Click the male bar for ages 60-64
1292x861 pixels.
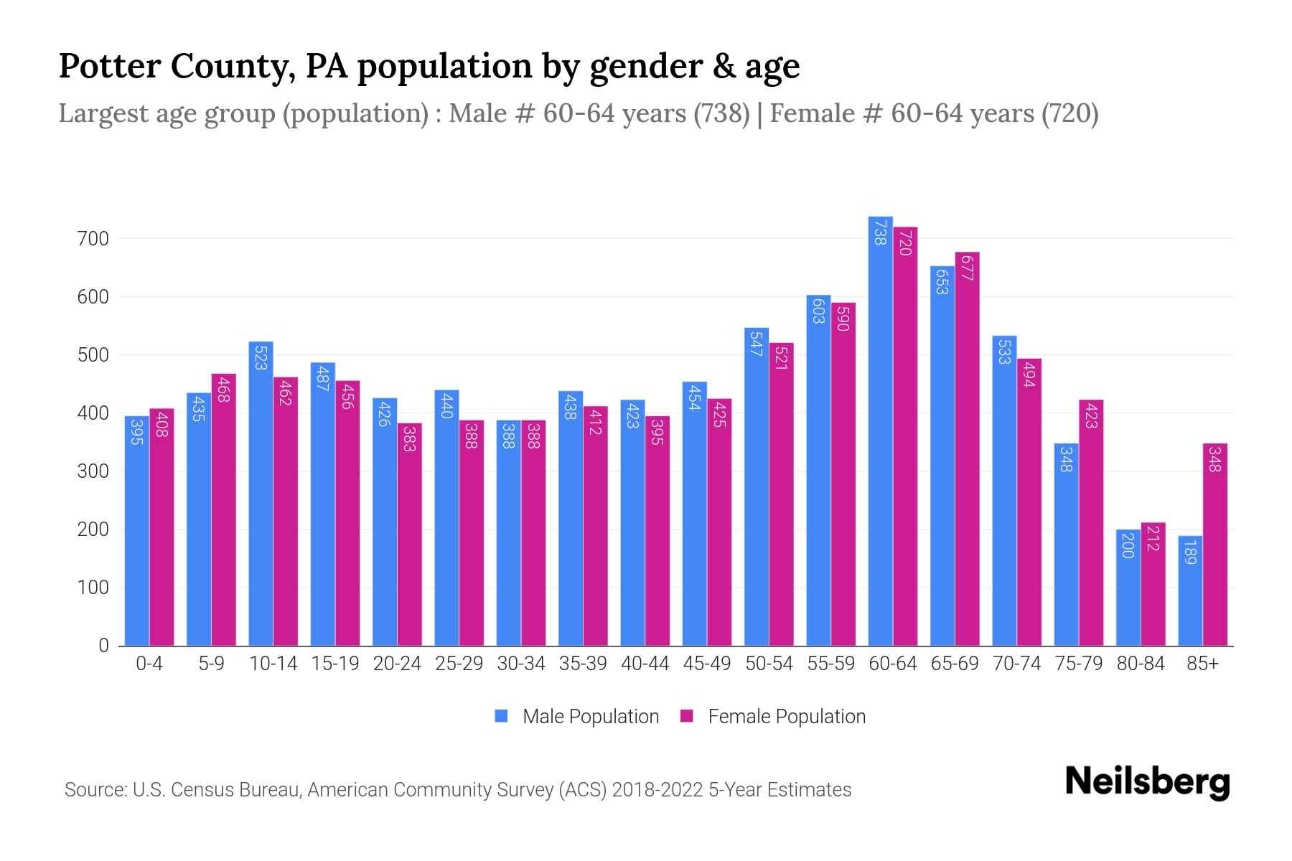click(x=880, y=430)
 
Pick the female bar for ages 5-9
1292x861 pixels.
click(x=223, y=509)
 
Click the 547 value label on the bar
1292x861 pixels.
click(x=756, y=344)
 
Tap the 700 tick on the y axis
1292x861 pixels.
click(x=93, y=239)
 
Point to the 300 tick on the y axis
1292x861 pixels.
click(x=93, y=471)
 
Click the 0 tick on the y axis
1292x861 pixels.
click(x=103, y=646)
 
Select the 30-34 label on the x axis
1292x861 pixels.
click(x=520, y=664)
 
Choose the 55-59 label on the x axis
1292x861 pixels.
click(x=830, y=664)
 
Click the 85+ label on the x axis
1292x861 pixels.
click(x=1202, y=664)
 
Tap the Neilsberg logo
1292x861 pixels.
click(x=1147, y=782)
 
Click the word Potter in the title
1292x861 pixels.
click(x=108, y=66)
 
